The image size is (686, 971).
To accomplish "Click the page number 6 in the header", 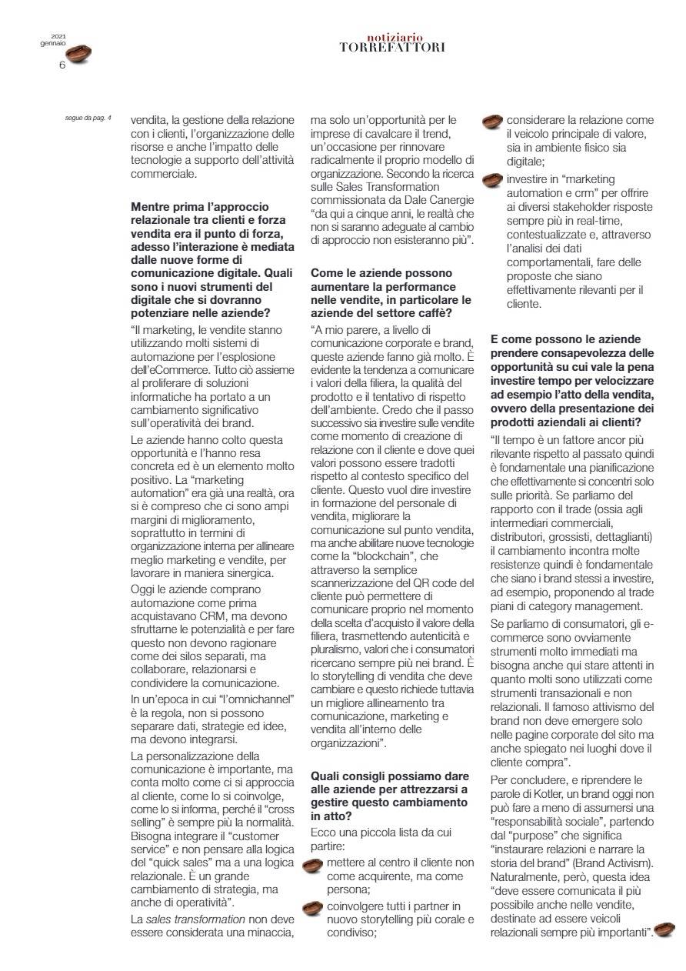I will pyautogui.click(x=62, y=65).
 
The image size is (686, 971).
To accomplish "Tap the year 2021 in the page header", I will pyautogui.click(x=58, y=36).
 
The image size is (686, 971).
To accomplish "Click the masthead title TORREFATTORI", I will pyautogui.click(x=392, y=47).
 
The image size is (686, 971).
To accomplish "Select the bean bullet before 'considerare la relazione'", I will pyautogui.click(x=493, y=122).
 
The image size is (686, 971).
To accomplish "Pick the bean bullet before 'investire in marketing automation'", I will pyautogui.click(x=493, y=179).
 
